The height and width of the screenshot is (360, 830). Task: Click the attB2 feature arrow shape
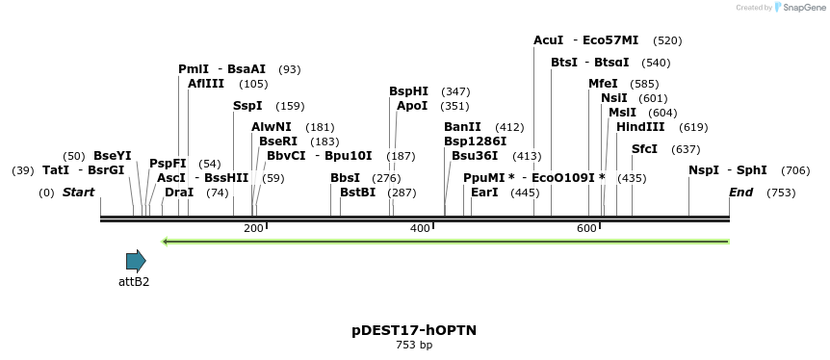(x=136, y=261)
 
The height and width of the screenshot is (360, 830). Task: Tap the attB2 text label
(x=134, y=282)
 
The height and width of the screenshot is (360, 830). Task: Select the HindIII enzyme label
(x=640, y=127)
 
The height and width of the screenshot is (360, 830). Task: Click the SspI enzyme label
(x=247, y=106)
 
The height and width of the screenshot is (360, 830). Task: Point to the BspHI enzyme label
(x=408, y=91)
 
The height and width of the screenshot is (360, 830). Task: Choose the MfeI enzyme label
(x=603, y=84)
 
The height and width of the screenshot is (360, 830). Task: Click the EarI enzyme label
(x=484, y=193)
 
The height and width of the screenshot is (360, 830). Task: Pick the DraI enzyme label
(x=179, y=193)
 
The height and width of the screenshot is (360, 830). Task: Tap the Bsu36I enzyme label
(x=475, y=156)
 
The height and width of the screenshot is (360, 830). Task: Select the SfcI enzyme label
(x=644, y=149)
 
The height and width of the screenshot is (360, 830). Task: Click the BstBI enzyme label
(x=357, y=193)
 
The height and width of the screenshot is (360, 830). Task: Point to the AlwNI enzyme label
(x=272, y=127)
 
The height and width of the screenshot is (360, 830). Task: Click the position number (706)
(x=795, y=170)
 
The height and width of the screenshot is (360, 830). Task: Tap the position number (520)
(x=667, y=40)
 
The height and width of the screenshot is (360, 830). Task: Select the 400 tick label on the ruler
(x=420, y=228)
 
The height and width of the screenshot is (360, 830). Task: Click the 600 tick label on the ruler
(x=586, y=228)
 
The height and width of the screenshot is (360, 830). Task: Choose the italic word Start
(x=78, y=193)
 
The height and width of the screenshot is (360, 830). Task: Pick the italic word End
(x=740, y=193)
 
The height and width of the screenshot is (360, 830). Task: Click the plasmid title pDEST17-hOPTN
(x=414, y=330)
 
